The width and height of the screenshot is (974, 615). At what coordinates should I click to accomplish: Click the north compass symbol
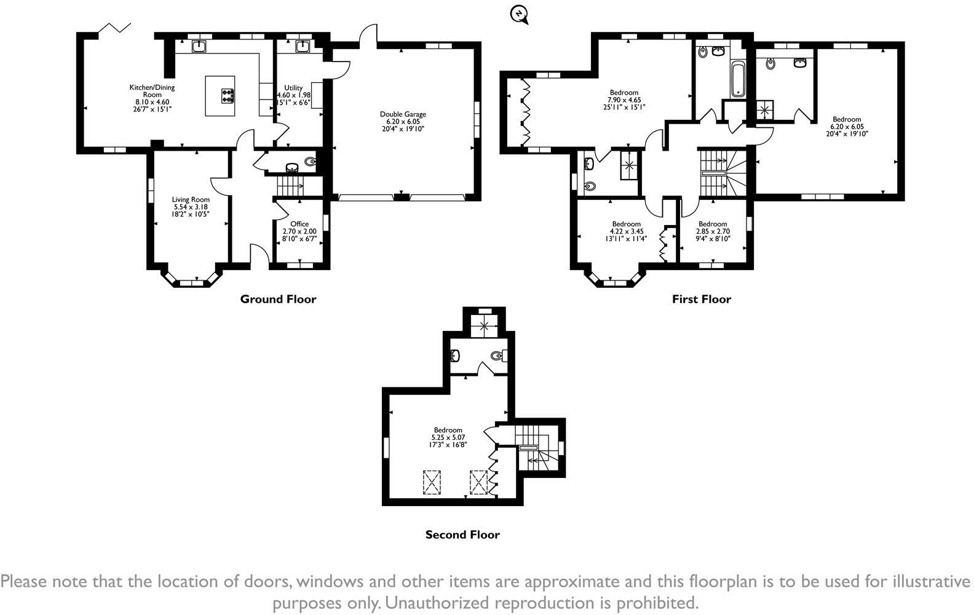pos(519,15)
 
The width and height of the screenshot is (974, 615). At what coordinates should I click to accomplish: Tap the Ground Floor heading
pos(279,300)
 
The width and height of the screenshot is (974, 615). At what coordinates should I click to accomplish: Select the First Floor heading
pos(702,300)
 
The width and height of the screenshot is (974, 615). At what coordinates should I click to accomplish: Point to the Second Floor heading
pos(462,534)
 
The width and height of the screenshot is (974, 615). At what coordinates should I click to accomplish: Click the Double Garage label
pos(403,114)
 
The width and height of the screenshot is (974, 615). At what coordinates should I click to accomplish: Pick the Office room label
pos(299,224)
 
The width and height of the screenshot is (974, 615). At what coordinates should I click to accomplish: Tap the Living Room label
pos(191,200)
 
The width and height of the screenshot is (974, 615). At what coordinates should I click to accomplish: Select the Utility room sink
pos(302,46)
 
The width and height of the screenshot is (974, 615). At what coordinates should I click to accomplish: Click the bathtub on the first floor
pos(738,79)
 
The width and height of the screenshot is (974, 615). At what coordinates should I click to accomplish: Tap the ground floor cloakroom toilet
pos(311,162)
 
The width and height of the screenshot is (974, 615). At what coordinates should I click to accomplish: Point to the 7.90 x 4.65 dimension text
pos(624,100)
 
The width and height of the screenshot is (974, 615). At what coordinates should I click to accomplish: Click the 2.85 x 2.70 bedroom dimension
pos(713,231)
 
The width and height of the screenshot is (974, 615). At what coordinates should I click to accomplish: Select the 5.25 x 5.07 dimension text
pos(448,437)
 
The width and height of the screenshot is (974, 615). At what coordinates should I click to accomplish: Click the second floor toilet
pos(499,356)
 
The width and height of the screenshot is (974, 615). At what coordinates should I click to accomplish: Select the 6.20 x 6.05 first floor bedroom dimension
pos(847,127)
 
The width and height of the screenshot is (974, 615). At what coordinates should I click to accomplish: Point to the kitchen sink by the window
pos(199,46)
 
